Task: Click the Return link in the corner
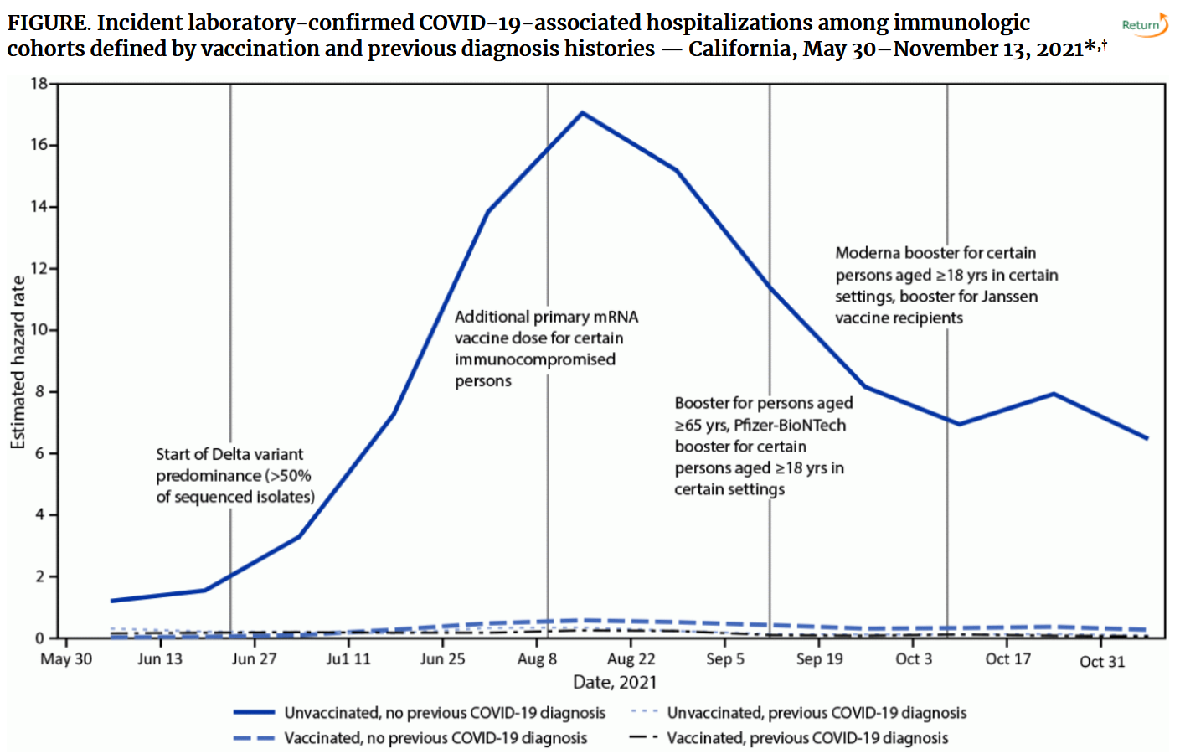click(x=1143, y=25)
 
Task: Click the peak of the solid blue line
click(x=582, y=113)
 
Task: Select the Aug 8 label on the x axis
click(x=537, y=659)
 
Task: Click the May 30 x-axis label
click(x=66, y=659)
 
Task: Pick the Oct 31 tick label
click(x=1102, y=662)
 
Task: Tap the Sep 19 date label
click(x=819, y=659)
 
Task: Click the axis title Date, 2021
click(x=615, y=683)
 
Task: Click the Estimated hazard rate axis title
click(x=18, y=362)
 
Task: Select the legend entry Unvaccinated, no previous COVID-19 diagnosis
click(x=444, y=713)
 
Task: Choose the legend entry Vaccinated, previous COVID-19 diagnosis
click(x=806, y=738)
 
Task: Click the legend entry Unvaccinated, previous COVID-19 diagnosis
click(x=816, y=713)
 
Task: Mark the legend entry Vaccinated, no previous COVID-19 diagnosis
click(x=435, y=738)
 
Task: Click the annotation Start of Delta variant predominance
click(x=234, y=475)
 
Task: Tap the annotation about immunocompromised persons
click(x=545, y=349)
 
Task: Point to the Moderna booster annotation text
click(x=946, y=285)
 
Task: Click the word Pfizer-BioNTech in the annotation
click(x=790, y=426)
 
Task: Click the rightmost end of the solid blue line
click(x=1147, y=437)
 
